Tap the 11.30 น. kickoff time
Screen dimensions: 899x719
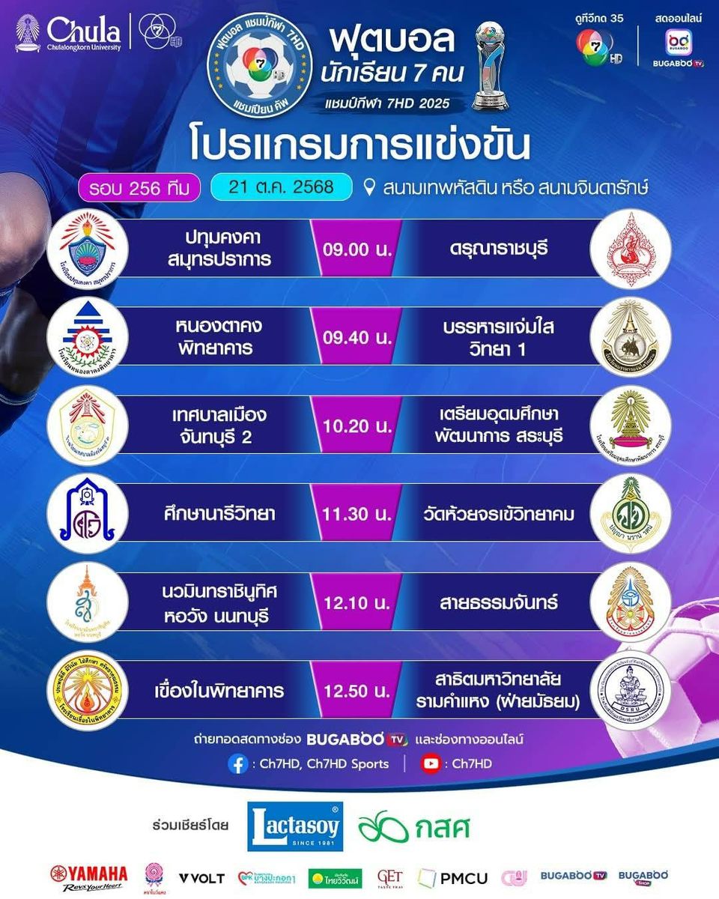point(359,514)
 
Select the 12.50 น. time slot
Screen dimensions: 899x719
point(359,690)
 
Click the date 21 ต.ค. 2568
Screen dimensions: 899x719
point(282,187)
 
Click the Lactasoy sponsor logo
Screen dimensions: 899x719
point(295,826)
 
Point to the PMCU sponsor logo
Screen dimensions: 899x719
point(452,877)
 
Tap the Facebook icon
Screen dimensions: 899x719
point(237,764)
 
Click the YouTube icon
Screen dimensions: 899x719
point(431,764)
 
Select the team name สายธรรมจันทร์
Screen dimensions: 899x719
point(495,602)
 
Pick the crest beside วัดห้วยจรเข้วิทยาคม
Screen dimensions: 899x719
point(626,514)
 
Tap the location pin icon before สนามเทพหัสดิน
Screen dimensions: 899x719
point(368,187)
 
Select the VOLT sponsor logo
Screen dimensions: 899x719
point(202,877)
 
